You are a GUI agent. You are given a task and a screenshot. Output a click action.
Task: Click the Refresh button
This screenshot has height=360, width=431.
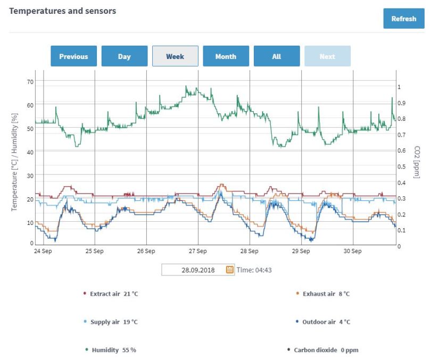coord(403,19)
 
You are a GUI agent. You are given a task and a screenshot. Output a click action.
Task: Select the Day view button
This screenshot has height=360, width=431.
coord(124,56)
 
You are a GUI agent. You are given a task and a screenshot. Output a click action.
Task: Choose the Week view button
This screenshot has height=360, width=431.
coord(175,56)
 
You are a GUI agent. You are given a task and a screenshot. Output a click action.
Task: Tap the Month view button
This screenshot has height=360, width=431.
coord(226,56)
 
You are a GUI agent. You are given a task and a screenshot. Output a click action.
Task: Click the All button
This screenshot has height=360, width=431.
coord(276,56)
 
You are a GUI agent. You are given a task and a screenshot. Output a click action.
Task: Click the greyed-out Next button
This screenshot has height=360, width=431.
coord(327,56)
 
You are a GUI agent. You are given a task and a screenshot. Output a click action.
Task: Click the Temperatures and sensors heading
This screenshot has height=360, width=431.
coord(63,11)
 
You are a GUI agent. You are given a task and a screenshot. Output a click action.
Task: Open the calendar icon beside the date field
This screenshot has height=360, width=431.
coord(230,270)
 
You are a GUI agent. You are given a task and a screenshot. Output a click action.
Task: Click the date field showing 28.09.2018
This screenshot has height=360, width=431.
coord(193,270)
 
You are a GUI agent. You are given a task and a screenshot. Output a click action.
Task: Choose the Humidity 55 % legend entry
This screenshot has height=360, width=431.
coord(113,350)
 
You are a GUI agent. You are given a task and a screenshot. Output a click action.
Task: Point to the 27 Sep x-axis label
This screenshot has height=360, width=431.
coord(197,251)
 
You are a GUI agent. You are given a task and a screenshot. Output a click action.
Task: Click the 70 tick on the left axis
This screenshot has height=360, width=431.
coord(30,82)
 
